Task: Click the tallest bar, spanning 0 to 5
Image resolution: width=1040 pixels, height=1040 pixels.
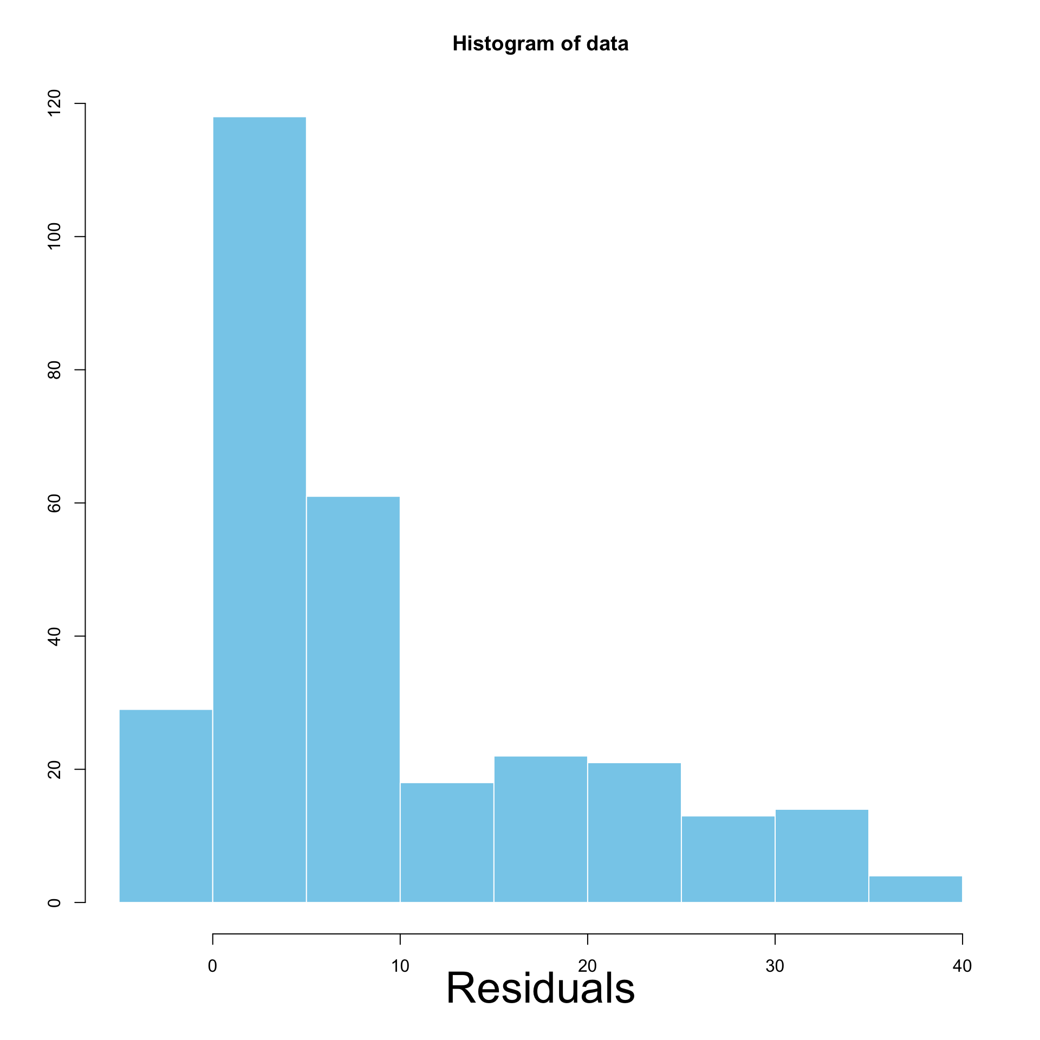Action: (x=259, y=509)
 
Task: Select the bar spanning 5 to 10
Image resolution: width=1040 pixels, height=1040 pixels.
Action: (x=353, y=699)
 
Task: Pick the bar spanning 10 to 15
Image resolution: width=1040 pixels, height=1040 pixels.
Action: (x=447, y=842)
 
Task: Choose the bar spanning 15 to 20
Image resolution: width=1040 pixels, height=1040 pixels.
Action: (x=541, y=829)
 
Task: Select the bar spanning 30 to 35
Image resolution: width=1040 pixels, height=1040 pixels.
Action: (x=822, y=856)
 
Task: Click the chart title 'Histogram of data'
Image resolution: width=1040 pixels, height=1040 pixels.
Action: (x=541, y=44)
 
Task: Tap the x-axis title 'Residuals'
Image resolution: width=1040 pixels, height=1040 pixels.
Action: (x=540, y=988)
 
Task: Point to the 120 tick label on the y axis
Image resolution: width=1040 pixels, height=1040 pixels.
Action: (x=54, y=103)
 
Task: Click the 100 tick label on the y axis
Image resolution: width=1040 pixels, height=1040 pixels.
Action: (x=54, y=237)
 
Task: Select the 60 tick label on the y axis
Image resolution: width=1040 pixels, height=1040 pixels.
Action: (x=54, y=503)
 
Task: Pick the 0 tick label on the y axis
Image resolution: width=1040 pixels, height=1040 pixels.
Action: (x=54, y=902)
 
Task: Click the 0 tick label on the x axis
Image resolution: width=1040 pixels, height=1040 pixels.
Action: (x=212, y=951)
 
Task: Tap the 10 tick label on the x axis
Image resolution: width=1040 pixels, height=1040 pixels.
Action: (x=400, y=951)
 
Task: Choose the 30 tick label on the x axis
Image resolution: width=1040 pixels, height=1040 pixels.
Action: (x=775, y=951)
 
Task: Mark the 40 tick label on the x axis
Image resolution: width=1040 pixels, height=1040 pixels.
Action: (x=962, y=951)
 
